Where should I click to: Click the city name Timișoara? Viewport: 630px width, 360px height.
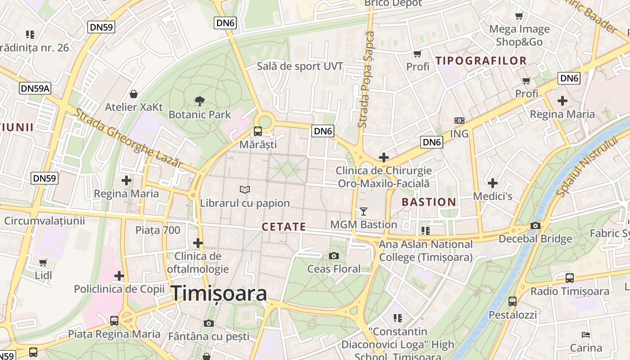coord(219,293)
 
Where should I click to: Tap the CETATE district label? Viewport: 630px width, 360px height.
coord(283,227)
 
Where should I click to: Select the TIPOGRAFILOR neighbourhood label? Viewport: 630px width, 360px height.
coord(481,61)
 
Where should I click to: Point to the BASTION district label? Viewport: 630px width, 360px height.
coord(429,202)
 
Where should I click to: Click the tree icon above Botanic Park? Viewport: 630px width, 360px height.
coord(199,101)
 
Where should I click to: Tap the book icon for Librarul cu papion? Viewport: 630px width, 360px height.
coord(245,190)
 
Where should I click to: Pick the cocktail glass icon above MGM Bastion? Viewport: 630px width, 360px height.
coord(364,211)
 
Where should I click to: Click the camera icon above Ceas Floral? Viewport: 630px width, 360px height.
coord(333,256)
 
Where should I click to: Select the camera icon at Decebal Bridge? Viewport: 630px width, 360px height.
coord(535,225)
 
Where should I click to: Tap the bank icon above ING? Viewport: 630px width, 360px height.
coord(459,121)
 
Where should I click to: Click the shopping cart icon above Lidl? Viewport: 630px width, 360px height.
coord(43,262)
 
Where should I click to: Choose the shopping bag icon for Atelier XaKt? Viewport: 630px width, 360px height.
coord(134,94)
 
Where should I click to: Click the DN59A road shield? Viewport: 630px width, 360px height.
coord(35,88)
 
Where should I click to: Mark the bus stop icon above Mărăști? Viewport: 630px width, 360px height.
coord(257,131)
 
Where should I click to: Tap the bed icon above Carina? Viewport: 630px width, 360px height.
coord(586,335)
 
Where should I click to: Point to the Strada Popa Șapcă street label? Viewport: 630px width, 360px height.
coord(365,79)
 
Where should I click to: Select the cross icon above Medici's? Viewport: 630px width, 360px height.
coord(493,183)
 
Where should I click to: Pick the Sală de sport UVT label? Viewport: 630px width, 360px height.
coord(300,67)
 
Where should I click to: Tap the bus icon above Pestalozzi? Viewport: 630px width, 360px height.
coord(513,301)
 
